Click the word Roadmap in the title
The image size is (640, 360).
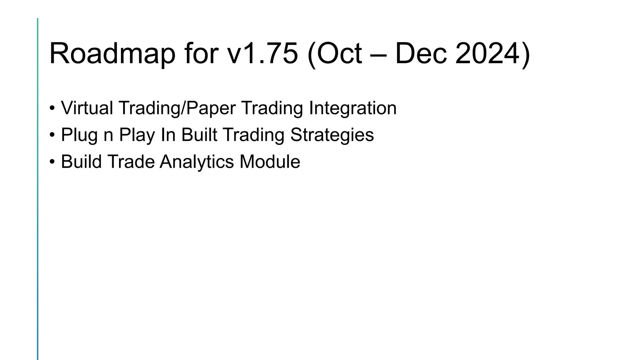pos(112,54)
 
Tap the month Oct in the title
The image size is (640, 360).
pos(339,54)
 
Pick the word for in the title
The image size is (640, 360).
pos(201,54)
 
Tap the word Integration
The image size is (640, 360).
pos(352,108)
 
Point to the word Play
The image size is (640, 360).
pos(137,135)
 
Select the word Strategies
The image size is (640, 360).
pos(332,135)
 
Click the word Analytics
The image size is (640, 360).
pos(197,162)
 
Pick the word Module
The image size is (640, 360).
pos(270,162)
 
